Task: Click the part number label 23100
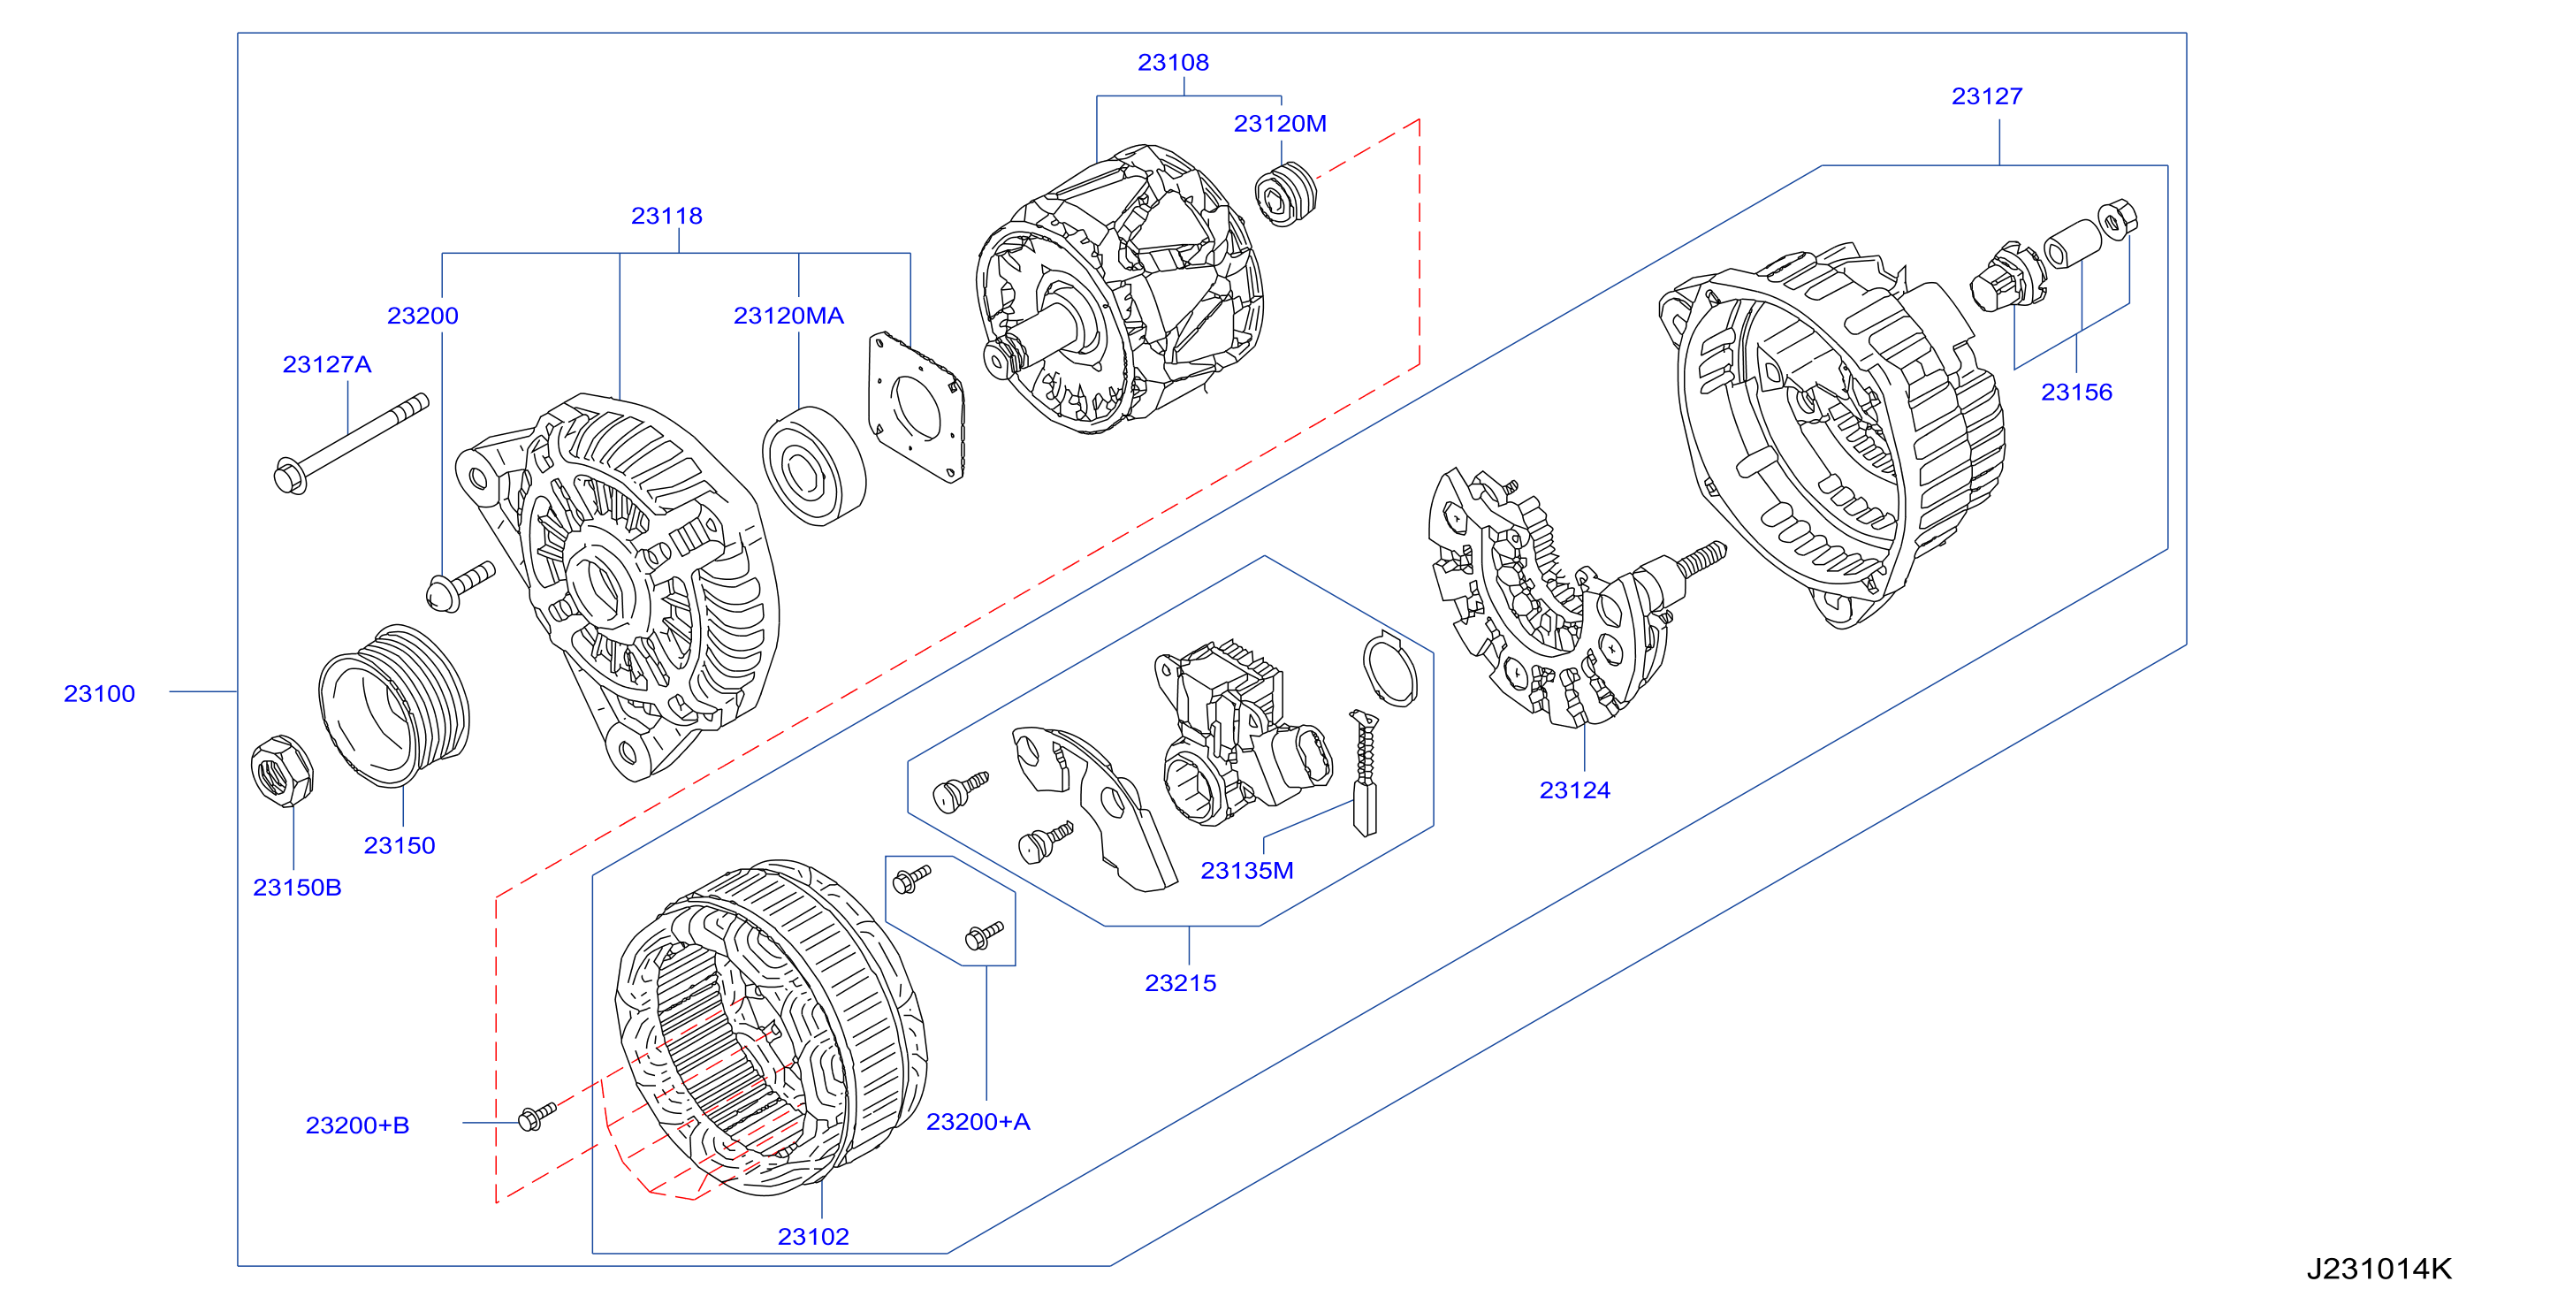99,693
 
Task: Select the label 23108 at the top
1173,63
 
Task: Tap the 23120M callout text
1280,124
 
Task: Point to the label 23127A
327,364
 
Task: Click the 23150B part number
297,888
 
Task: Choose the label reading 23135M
1247,870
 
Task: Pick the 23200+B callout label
357,1125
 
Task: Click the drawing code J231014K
2379,1269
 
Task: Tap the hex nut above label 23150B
282,770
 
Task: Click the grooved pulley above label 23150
394,705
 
